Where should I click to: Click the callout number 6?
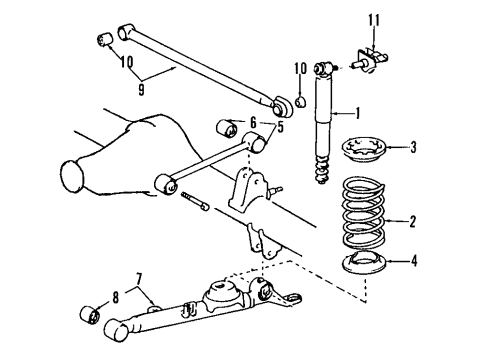[253, 121]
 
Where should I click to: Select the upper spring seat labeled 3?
[366, 152]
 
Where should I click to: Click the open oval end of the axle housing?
[72, 176]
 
